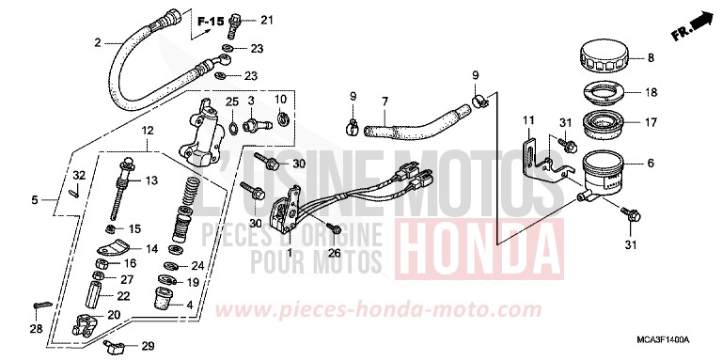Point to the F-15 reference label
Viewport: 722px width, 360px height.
tap(212, 19)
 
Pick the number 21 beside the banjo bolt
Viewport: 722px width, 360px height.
tap(264, 20)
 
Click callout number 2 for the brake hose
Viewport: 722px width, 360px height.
tap(97, 42)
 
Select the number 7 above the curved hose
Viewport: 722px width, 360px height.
tap(385, 101)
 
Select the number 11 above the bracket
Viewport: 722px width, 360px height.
tap(528, 121)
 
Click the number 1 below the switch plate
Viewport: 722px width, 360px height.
tap(290, 252)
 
